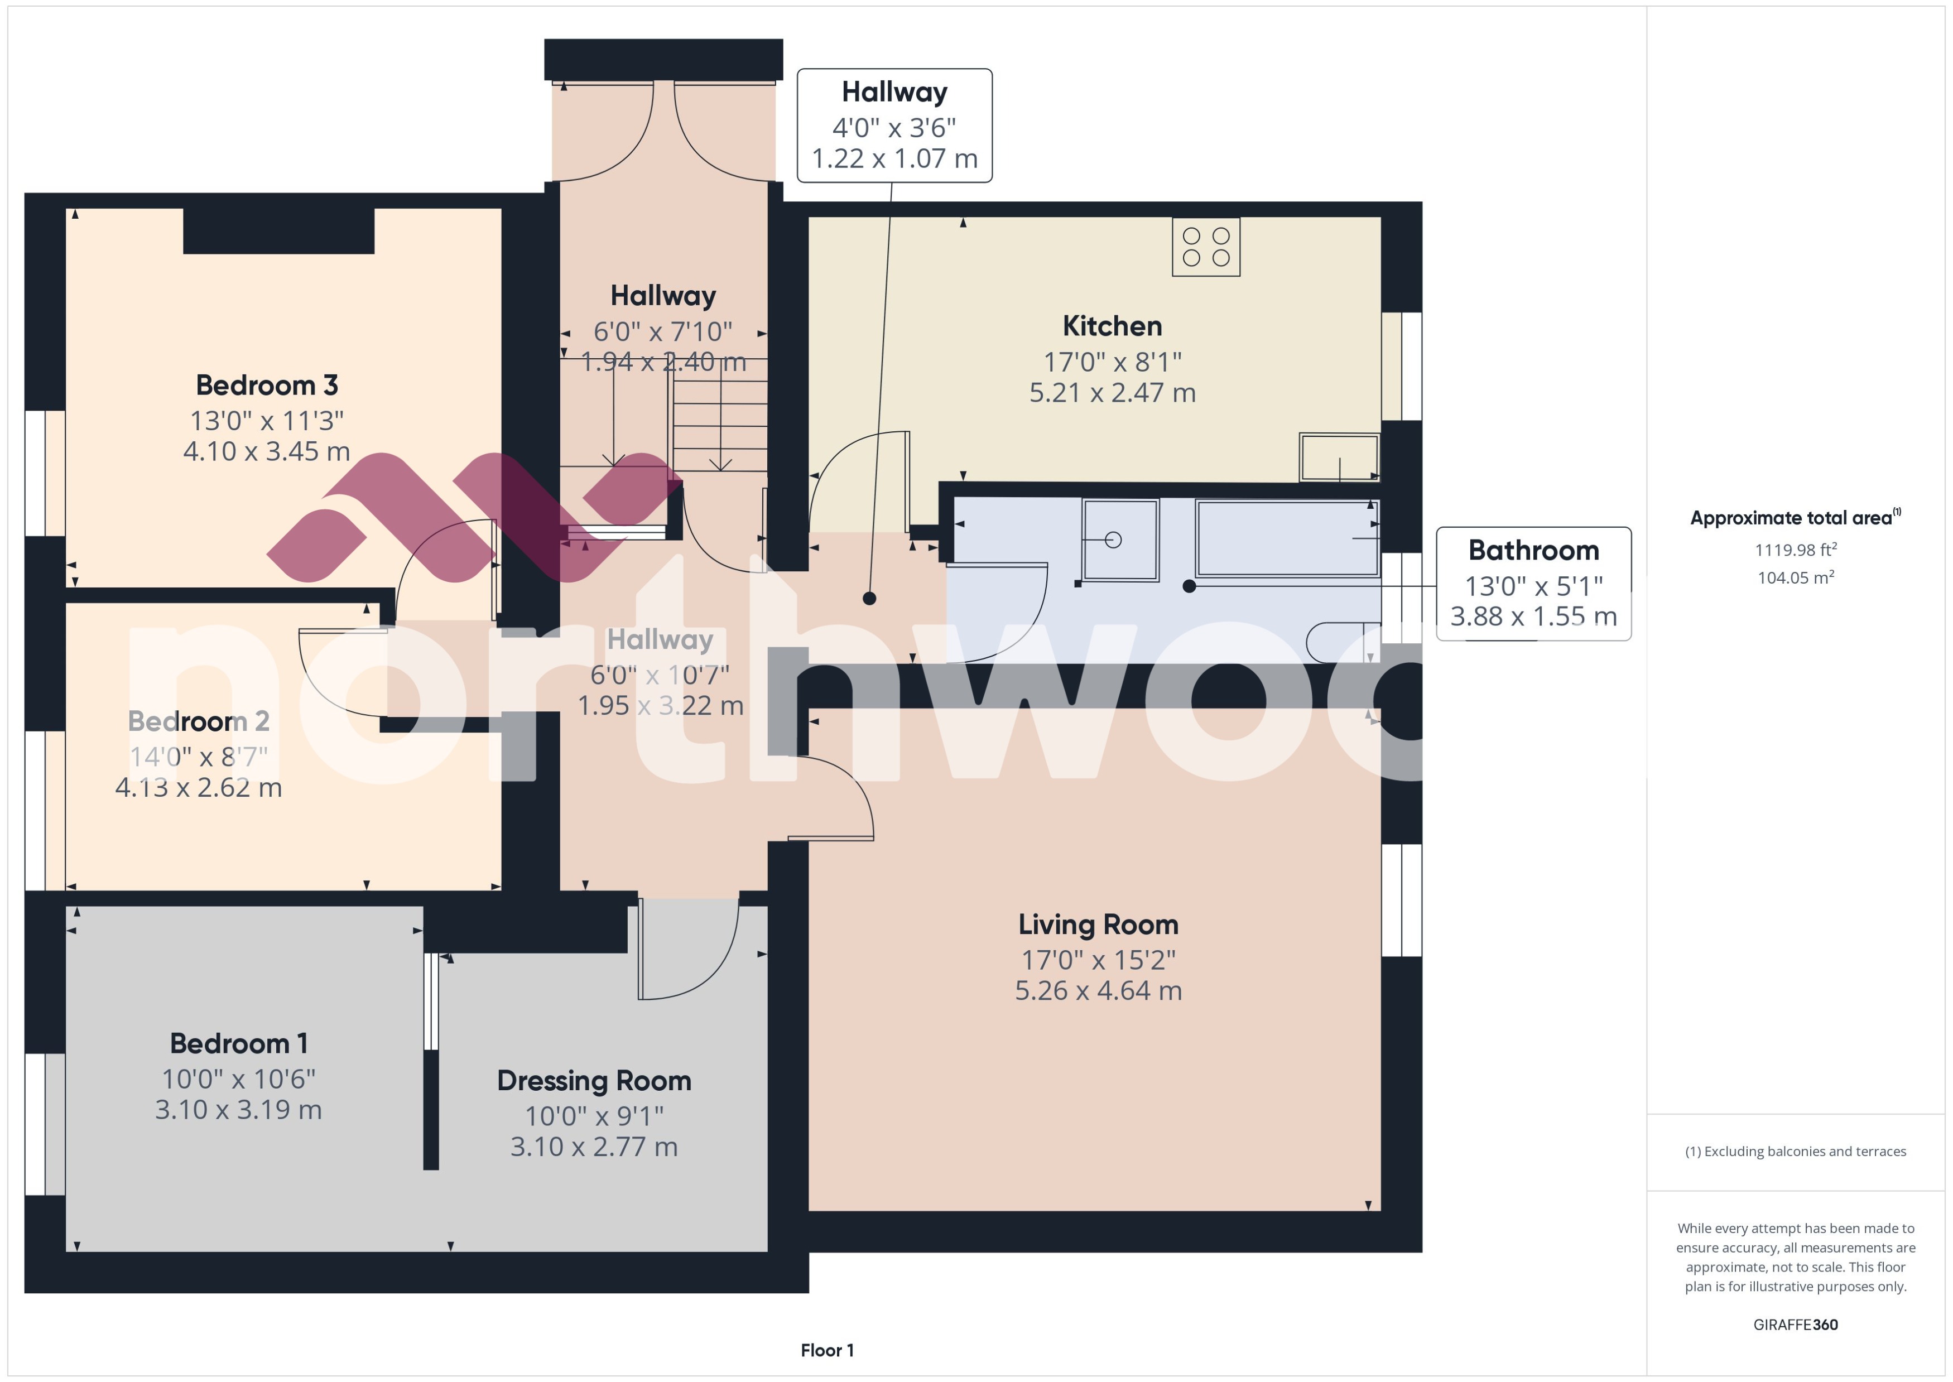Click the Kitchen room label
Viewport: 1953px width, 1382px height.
pyautogui.click(x=1112, y=326)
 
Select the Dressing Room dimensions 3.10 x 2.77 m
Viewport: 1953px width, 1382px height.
pyautogui.click(x=593, y=1147)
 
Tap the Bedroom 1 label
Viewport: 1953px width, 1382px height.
pyautogui.click(x=238, y=1043)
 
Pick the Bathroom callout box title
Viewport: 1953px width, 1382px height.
pyautogui.click(x=1533, y=551)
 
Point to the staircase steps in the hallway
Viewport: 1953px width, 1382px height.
pyautogui.click(x=720, y=426)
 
